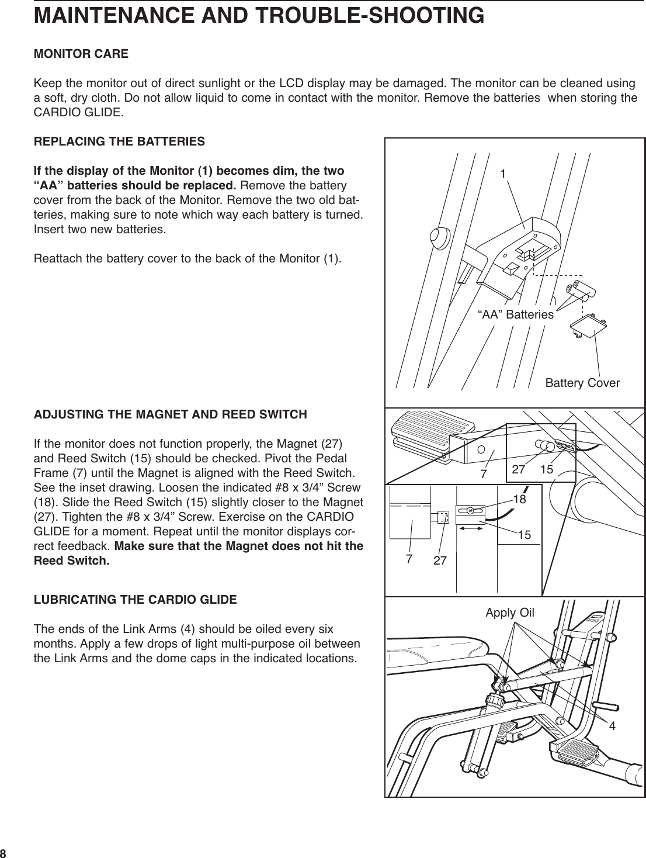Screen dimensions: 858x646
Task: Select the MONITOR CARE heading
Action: [x=81, y=54]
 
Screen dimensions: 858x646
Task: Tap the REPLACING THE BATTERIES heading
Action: [x=119, y=141]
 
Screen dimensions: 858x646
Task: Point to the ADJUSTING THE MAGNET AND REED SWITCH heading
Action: [x=170, y=415]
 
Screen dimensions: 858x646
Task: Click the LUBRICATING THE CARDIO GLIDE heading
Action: [x=136, y=600]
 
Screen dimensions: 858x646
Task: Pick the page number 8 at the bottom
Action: [x=4, y=852]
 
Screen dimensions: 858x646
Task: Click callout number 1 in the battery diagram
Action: [x=502, y=174]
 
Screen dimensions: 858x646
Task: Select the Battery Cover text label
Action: [x=582, y=383]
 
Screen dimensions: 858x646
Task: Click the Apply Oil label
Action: [x=510, y=613]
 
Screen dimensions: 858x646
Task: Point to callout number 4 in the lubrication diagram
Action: [x=612, y=726]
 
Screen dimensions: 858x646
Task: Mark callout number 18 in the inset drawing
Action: [x=519, y=499]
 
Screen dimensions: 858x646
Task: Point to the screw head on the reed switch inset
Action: [x=470, y=510]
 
